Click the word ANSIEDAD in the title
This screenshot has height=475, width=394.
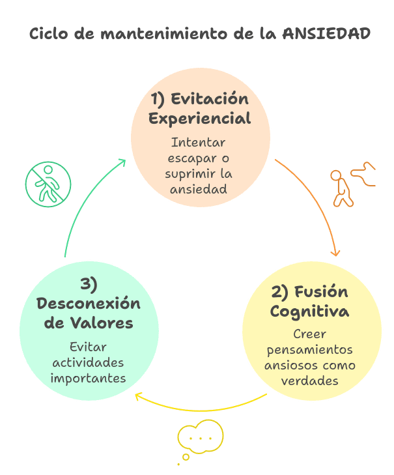click(327, 34)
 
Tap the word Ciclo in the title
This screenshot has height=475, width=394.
click(48, 34)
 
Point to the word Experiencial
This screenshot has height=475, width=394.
click(200, 119)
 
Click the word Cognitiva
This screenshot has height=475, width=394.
click(309, 311)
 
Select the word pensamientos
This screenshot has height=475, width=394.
click(309, 349)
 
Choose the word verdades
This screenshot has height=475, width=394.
click(309, 380)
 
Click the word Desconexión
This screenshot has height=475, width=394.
click(89, 304)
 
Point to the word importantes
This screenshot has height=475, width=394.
click(89, 378)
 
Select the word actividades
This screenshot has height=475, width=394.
click(89, 362)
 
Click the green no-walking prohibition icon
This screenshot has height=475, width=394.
click(48, 184)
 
